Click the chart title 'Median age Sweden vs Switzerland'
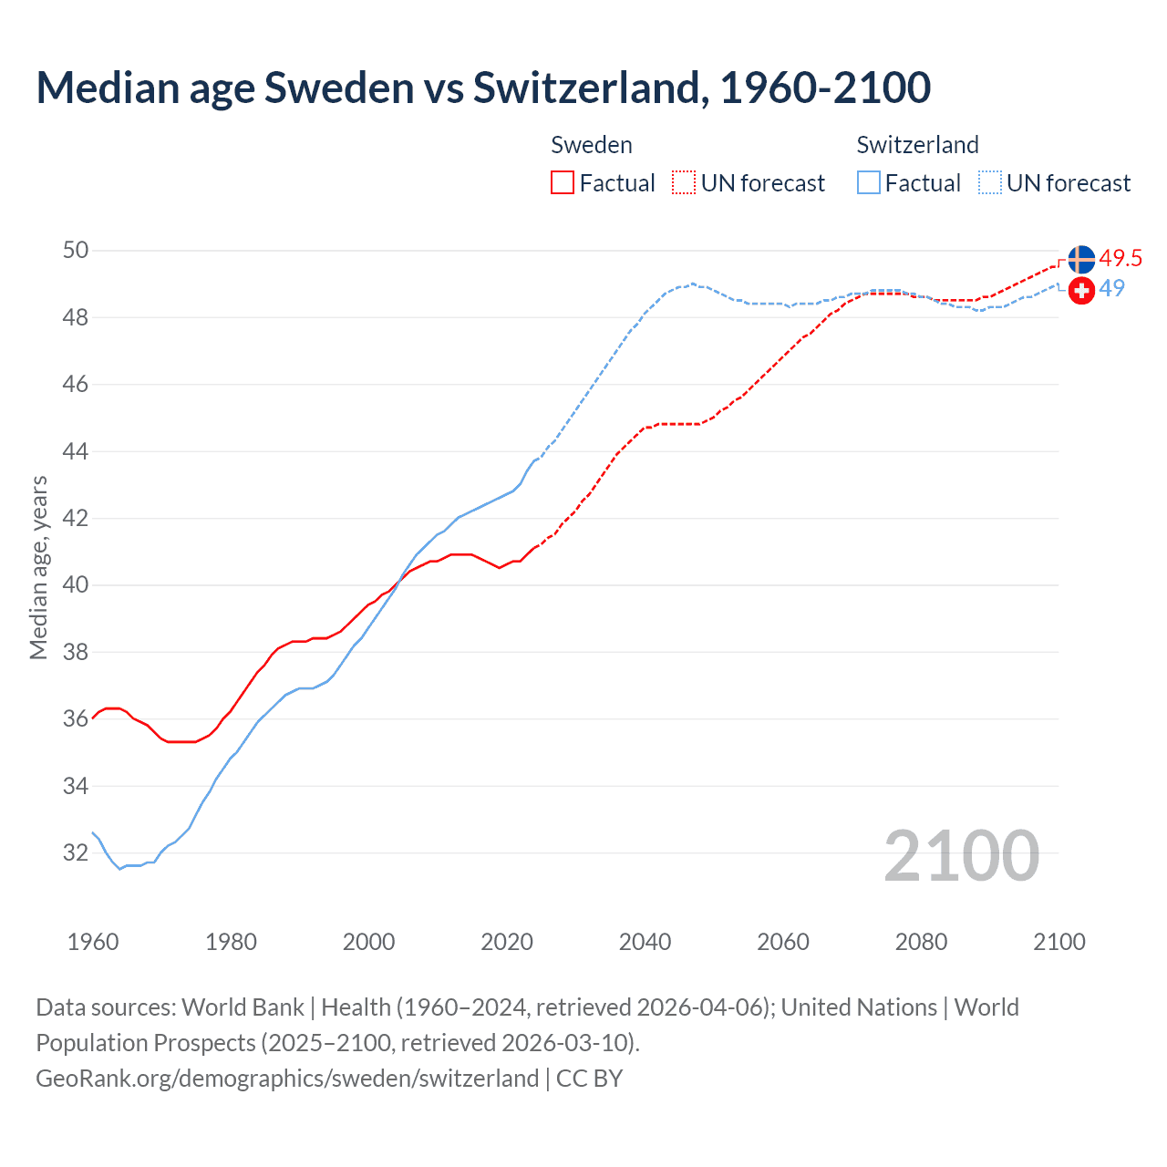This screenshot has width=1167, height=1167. click(x=483, y=88)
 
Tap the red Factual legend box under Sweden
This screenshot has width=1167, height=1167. click(x=563, y=183)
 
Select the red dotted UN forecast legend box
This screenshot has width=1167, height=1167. click(x=684, y=183)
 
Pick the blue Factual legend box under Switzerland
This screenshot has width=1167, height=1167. click(x=869, y=183)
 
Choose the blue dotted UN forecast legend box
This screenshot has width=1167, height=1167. click(x=990, y=183)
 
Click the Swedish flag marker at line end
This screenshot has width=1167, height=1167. click(x=1081, y=259)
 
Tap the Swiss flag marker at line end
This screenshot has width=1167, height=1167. click(x=1081, y=291)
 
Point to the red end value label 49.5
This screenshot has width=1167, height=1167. click(x=1121, y=259)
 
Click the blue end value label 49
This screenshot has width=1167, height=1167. click(x=1112, y=289)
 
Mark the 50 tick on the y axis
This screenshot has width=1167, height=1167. click(x=76, y=251)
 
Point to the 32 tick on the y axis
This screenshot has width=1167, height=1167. click(x=76, y=853)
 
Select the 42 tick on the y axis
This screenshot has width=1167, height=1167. click(x=76, y=519)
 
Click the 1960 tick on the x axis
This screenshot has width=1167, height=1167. click(x=93, y=942)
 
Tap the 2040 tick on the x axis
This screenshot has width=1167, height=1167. click(x=645, y=942)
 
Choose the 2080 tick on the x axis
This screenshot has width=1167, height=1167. click(x=921, y=942)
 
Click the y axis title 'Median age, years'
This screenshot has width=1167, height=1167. click(x=38, y=567)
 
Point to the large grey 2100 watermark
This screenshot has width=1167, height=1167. click(x=961, y=856)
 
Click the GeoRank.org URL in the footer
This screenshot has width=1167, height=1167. click(x=287, y=1079)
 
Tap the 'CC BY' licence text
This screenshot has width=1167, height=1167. click(x=590, y=1079)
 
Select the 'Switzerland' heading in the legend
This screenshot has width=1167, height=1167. click(x=917, y=145)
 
